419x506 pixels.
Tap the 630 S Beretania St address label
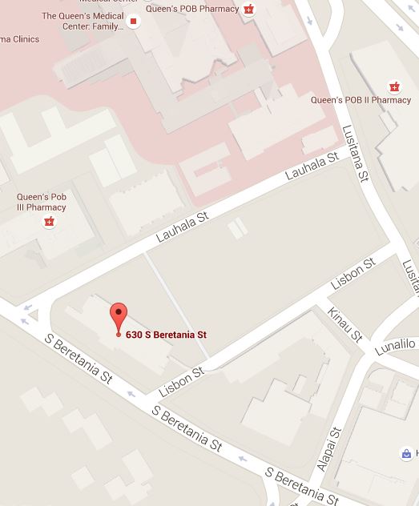[167, 334]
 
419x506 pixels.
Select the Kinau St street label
[345, 323]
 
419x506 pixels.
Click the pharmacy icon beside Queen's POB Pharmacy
[249, 10]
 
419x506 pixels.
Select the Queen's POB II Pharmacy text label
[361, 100]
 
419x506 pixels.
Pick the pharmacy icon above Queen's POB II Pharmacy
[393, 86]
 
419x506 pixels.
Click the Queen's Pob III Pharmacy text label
[42, 202]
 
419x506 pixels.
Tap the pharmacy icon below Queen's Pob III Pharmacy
[50, 221]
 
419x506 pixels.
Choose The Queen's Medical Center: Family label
[83, 21]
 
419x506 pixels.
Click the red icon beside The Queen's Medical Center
[134, 21]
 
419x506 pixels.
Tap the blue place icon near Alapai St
[407, 454]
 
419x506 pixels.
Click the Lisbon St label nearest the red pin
[183, 382]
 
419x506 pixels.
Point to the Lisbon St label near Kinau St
[353, 275]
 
